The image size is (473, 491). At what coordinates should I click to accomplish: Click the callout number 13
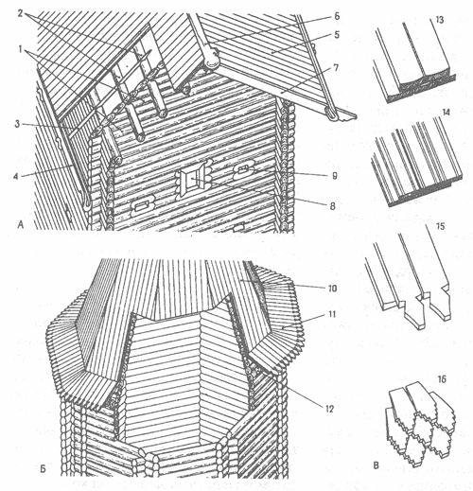pos(439,20)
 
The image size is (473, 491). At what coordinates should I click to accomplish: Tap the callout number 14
pos(447,113)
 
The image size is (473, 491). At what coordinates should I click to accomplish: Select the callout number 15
pos(440,226)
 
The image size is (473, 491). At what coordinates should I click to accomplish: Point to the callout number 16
pos(442,379)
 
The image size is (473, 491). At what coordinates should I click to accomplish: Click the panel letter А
pos(21,224)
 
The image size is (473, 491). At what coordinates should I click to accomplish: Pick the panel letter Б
pos(43,469)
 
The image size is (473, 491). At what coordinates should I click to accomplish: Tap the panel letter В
pos(376,465)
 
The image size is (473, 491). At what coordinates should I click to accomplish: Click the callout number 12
pos(329,409)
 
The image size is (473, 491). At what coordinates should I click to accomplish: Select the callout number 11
pos(332,314)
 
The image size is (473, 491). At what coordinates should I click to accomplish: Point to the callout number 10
pos(332,289)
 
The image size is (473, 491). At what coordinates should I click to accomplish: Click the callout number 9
pos(335,176)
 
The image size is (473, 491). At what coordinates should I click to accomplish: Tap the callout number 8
pos(332,206)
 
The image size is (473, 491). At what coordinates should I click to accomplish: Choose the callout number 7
pos(336,68)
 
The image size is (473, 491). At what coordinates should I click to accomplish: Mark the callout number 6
pos(337,16)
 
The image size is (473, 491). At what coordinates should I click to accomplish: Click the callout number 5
pos(337,34)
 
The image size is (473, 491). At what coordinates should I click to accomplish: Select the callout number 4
pos(16,176)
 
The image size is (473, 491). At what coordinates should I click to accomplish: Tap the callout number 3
pos(17,124)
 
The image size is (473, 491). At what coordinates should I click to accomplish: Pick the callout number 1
pos(21,50)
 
